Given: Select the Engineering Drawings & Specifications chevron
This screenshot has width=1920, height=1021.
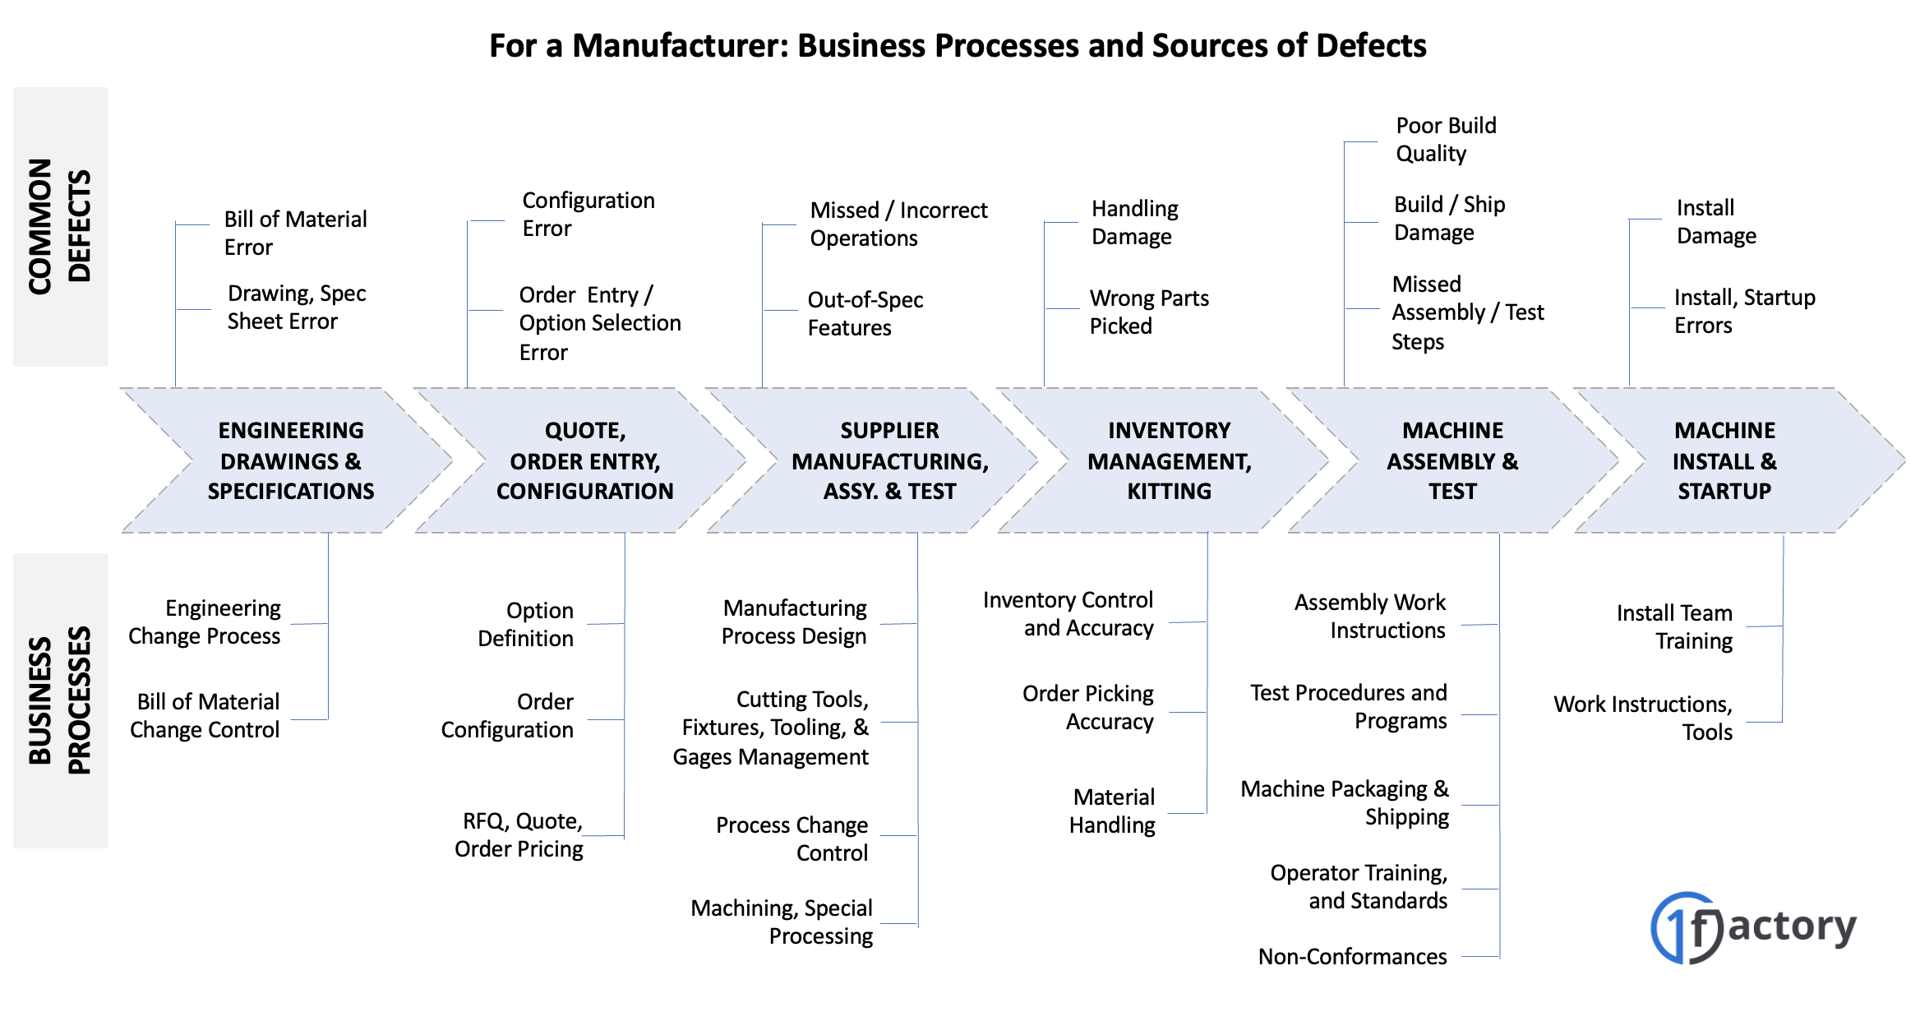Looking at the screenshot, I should [290, 460].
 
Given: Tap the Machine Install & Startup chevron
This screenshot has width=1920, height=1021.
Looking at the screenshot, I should [1724, 460].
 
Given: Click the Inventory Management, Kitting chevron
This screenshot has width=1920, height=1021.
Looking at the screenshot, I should [1169, 460].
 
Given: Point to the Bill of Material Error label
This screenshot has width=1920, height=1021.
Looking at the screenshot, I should [295, 233].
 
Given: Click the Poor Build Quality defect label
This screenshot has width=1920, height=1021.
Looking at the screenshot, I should [1446, 139].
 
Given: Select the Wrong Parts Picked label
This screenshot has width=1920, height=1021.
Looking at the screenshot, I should [1148, 312].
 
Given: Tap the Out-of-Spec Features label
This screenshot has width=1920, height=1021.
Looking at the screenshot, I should [865, 313].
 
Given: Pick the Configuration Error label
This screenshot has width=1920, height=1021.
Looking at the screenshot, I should [588, 214].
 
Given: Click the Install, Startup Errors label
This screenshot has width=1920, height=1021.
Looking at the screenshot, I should [1744, 311].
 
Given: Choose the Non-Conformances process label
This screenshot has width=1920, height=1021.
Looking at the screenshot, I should [1352, 956].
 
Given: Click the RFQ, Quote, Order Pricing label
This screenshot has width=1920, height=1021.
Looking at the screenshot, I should [519, 834].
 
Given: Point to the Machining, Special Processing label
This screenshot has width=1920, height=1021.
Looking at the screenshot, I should [782, 922].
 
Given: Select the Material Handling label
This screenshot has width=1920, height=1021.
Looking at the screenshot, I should [1112, 811].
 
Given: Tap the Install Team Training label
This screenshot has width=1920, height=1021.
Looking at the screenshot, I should [1674, 626].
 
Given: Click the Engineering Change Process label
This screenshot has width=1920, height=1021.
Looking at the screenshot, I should [205, 621].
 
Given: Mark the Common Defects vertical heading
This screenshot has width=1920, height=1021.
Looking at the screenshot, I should [59, 226].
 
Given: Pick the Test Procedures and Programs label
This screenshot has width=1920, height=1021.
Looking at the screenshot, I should [1348, 706].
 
